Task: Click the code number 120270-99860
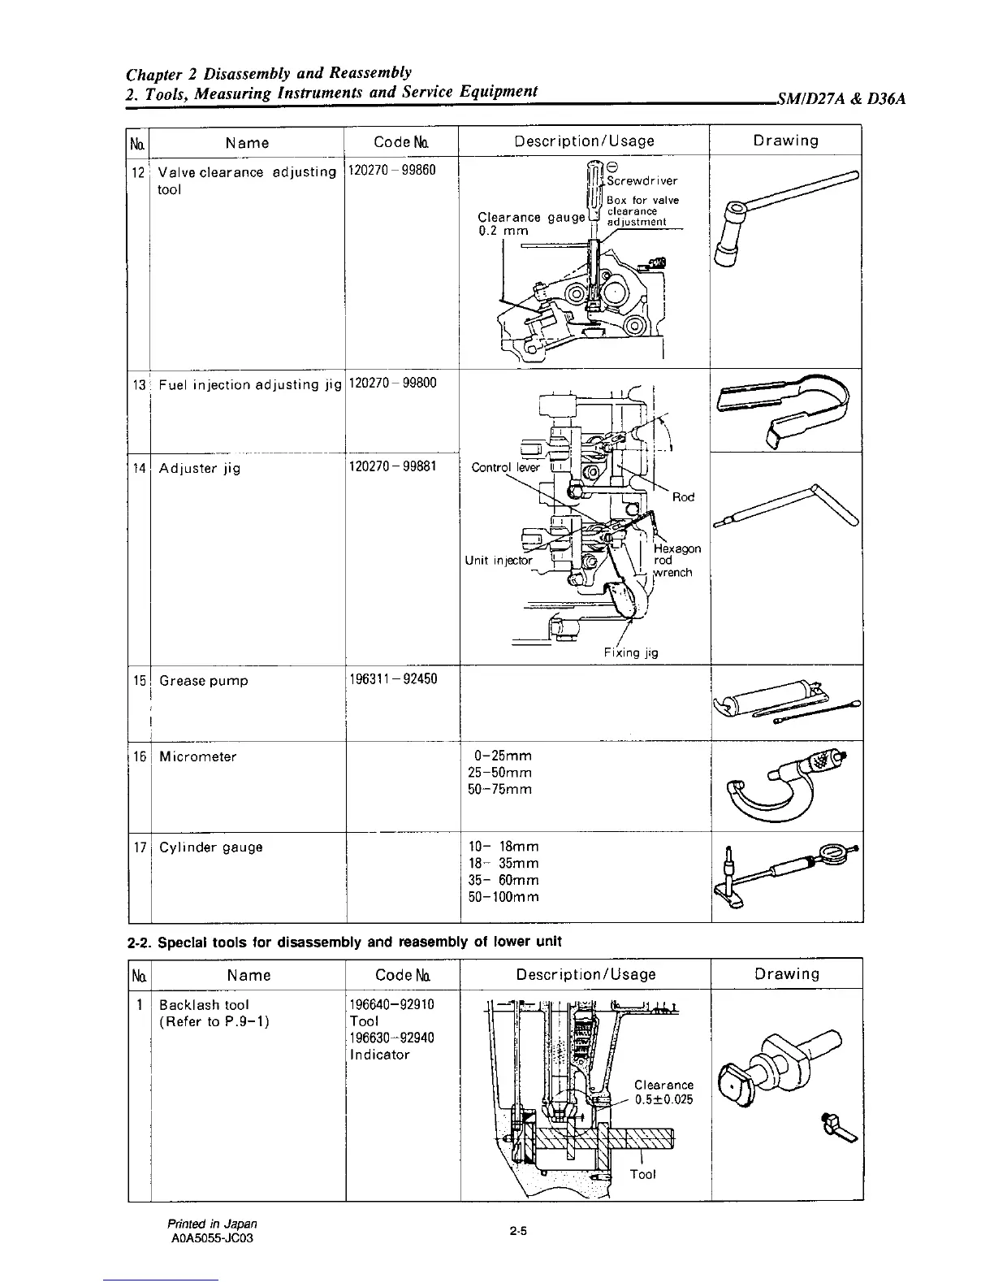click(392, 171)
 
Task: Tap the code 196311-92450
click(392, 678)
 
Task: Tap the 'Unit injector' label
click(499, 561)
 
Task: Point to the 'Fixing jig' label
click(630, 652)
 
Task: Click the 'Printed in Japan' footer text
click(212, 1223)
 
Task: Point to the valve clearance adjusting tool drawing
click(784, 219)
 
